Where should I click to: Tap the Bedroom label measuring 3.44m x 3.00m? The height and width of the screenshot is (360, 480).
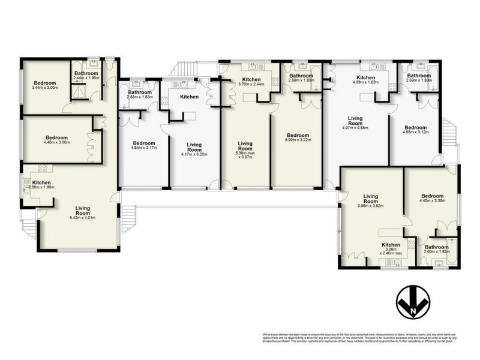point(45,83)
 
